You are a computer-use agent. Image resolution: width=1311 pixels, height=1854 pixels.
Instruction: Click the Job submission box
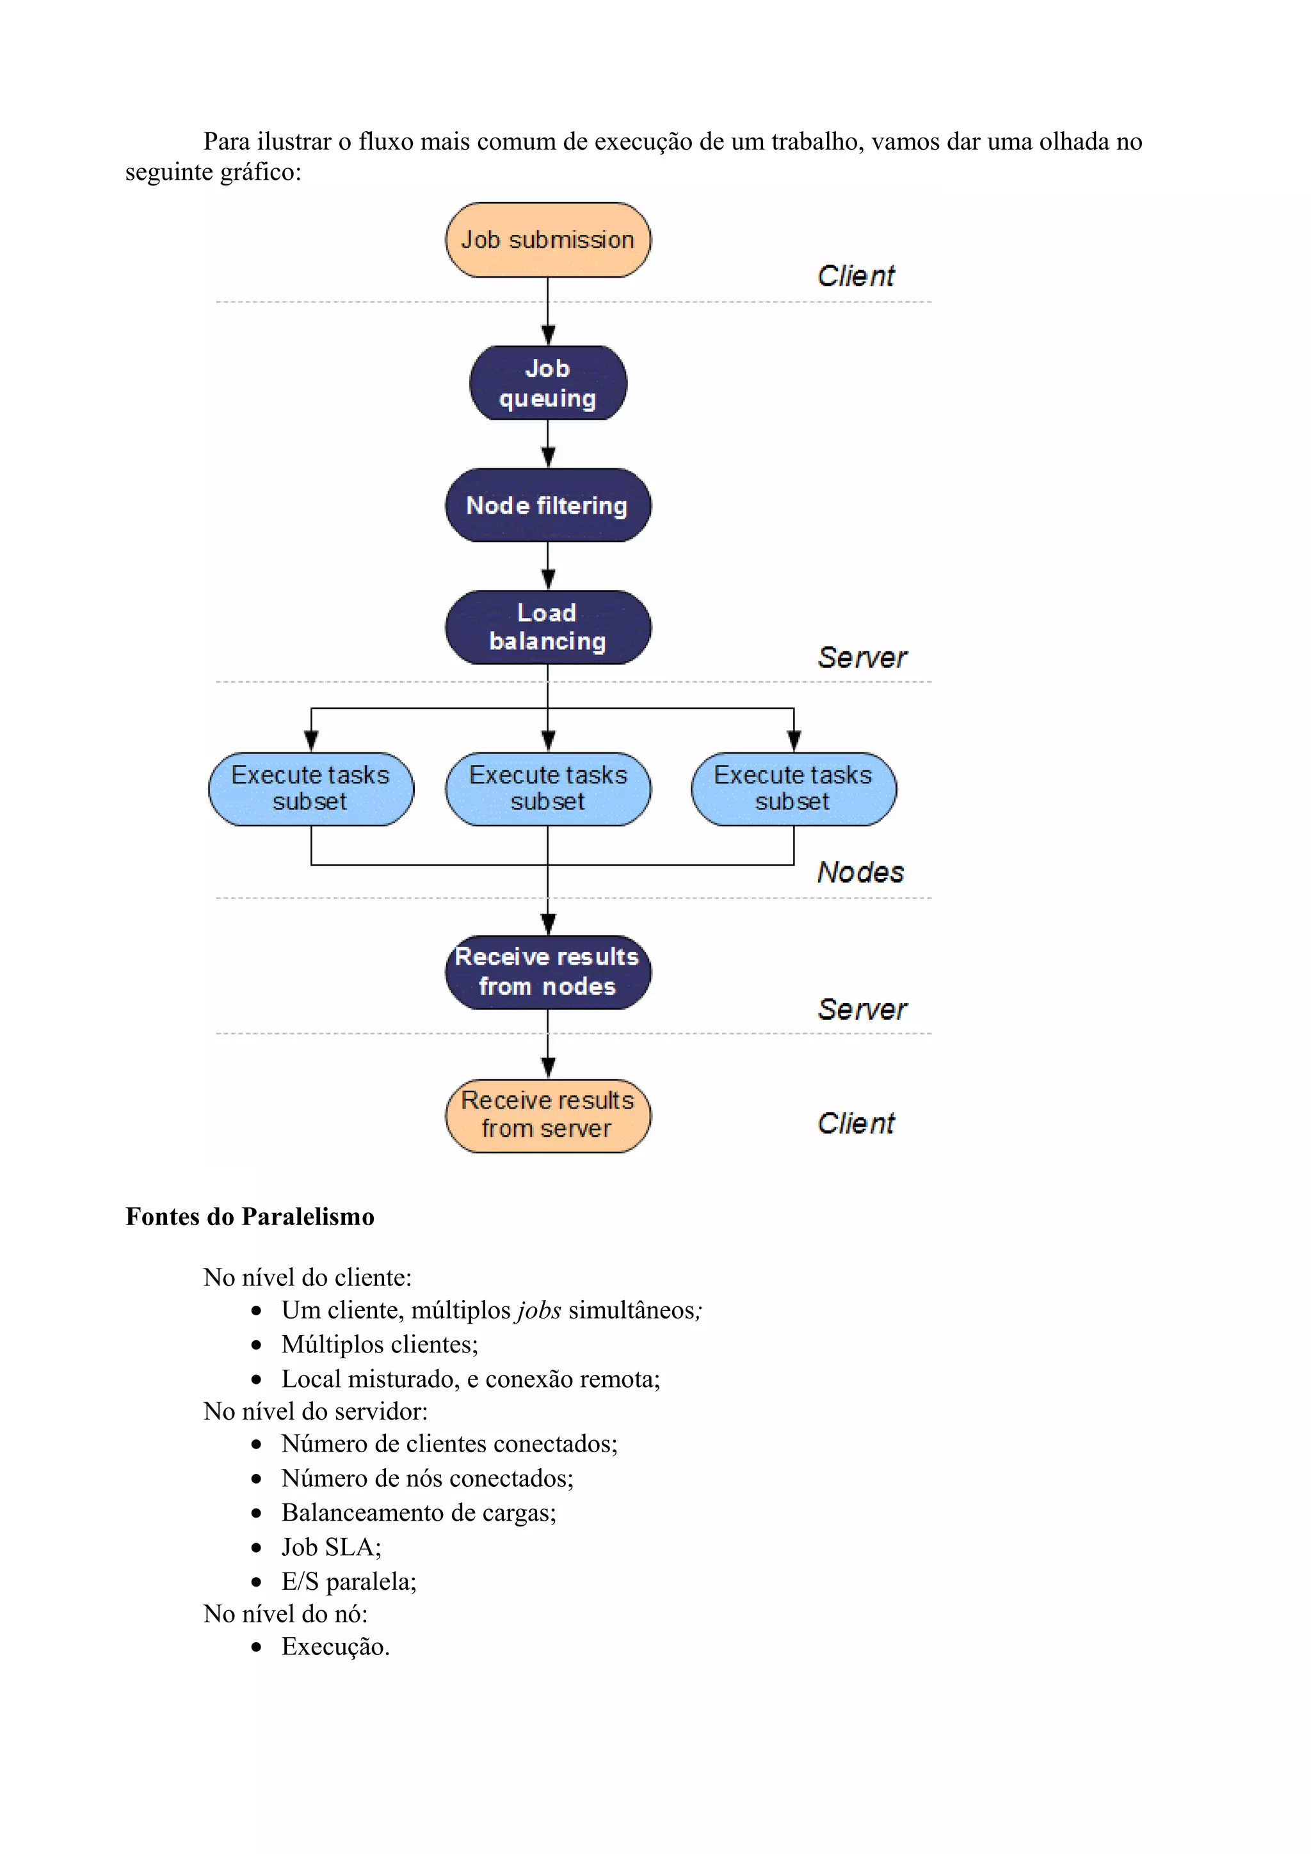coord(548,240)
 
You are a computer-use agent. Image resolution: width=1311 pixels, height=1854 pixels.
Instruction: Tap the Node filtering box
coord(548,505)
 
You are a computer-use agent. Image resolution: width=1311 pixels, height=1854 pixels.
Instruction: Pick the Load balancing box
coord(548,628)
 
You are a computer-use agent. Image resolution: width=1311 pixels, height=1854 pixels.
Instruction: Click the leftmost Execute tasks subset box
coord(311,789)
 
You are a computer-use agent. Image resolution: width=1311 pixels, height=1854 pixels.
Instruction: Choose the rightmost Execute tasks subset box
coord(793,789)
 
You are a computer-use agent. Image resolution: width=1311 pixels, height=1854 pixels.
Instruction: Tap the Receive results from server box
coord(548,1115)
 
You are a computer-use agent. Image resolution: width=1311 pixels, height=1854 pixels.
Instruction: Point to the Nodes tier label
coord(860,872)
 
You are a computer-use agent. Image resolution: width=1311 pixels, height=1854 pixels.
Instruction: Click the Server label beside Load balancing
coord(862,657)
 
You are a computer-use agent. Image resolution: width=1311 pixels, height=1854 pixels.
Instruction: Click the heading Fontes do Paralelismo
coord(250,1217)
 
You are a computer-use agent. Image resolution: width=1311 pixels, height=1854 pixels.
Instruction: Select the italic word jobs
coord(539,1310)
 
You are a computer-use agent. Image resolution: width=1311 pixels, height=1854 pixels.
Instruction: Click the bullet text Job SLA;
coord(331,1546)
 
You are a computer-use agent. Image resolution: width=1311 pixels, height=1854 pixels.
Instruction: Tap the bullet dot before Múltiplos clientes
coord(256,1345)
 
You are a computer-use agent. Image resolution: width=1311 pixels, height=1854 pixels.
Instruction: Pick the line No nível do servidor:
coord(315,1411)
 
